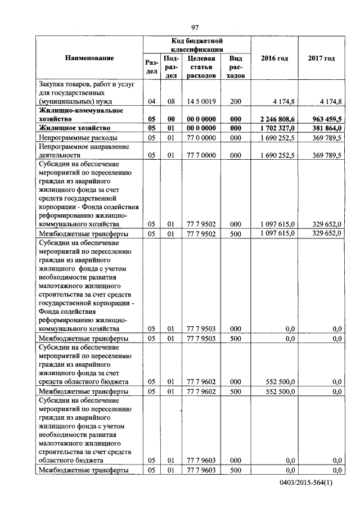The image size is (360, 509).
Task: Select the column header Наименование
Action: tap(89, 58)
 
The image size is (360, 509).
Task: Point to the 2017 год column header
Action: tap(321, 58)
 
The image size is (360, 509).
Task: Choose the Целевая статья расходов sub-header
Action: tap(200, 66)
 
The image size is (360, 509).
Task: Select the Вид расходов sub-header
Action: tap(235, 66)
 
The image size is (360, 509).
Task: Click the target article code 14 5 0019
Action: tap(200, 102)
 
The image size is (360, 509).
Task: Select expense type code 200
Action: tap(235, 102)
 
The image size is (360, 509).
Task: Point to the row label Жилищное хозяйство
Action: tap(73, 128)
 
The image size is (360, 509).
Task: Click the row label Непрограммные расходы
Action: tap(77, 137)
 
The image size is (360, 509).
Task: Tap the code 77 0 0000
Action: tap(200, 137)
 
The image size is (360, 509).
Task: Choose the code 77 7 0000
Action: tap(200, 154)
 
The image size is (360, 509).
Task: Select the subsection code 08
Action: tap(170, 102)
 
